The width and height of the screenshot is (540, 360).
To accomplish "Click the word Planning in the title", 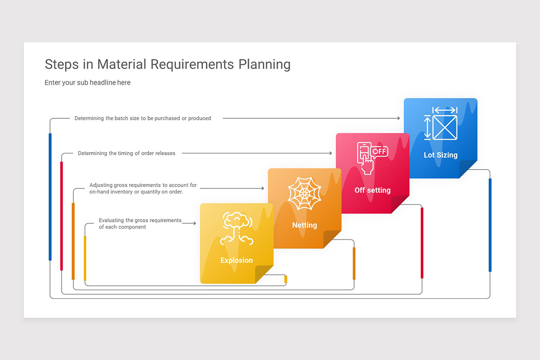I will (264, 64).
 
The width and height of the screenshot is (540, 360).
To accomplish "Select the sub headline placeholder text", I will (87, 82).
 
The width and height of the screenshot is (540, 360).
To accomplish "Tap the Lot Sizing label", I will (441, 155).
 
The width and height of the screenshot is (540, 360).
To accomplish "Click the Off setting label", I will (373, 190).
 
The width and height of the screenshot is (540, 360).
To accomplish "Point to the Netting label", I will (305, 225).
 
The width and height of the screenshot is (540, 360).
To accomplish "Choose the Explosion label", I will (237, 260).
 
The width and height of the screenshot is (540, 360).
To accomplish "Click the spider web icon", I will (305, 193).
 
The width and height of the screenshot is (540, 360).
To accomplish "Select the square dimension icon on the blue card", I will (441, 123).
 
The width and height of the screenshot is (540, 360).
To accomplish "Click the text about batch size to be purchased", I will (143, 118).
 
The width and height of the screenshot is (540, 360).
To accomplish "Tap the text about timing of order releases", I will (126, 153).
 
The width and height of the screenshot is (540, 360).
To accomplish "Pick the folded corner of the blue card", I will (468, 169).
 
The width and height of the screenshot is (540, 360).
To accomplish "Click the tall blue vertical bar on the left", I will (50, 197).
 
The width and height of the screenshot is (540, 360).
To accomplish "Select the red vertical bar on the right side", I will (422, 243).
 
